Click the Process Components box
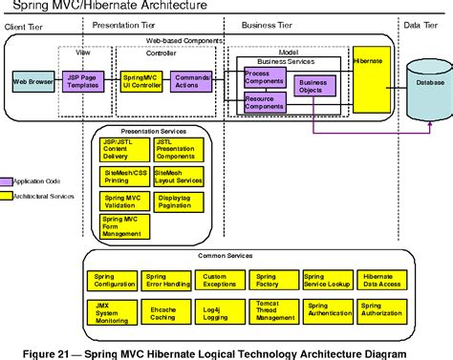[264, 76]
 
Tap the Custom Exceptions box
[220, 280]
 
